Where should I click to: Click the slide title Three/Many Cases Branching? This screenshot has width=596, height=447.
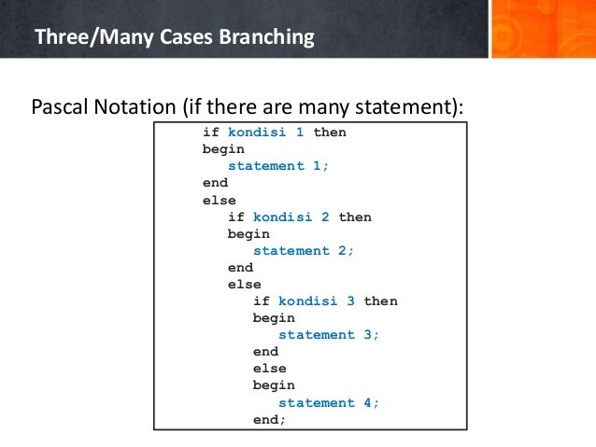174,38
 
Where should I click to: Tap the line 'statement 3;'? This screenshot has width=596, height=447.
330,335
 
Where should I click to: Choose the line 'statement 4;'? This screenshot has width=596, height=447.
330,403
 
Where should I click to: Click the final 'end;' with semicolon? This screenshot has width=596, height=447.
270,420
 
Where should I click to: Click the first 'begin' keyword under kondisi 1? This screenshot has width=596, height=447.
223,149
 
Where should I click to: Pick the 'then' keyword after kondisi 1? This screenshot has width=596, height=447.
330,133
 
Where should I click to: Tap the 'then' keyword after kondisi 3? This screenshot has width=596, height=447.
380,301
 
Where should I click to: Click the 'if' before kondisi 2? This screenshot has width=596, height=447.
236,217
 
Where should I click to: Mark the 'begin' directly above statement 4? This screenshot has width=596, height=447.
274,385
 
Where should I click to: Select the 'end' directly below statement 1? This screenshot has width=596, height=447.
215,183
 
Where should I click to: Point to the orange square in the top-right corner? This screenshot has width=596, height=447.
543,28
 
